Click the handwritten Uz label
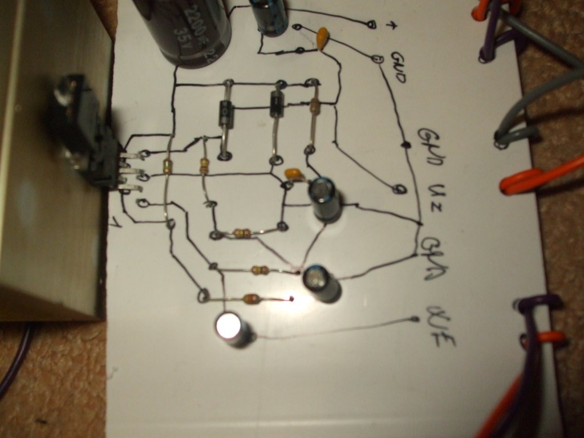click(437, 193)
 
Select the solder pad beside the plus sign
click(371, 25)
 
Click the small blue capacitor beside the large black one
click(269, 16)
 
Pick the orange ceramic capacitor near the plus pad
click(323, 38)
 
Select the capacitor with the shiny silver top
click(231, 328)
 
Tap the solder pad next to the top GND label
click(376, 58)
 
